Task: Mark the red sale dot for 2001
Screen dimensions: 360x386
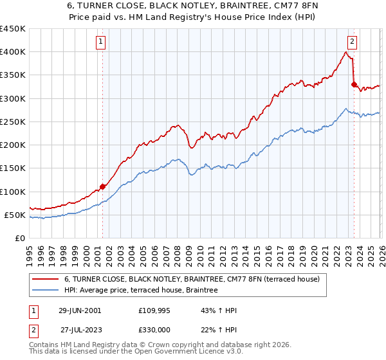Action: [x=103, y=186]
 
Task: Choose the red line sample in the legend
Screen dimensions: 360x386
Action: [x=46, y=279]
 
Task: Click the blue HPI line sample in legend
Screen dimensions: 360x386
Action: [x=46, y=291]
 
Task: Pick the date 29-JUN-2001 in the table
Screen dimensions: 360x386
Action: [x=80, y=310]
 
